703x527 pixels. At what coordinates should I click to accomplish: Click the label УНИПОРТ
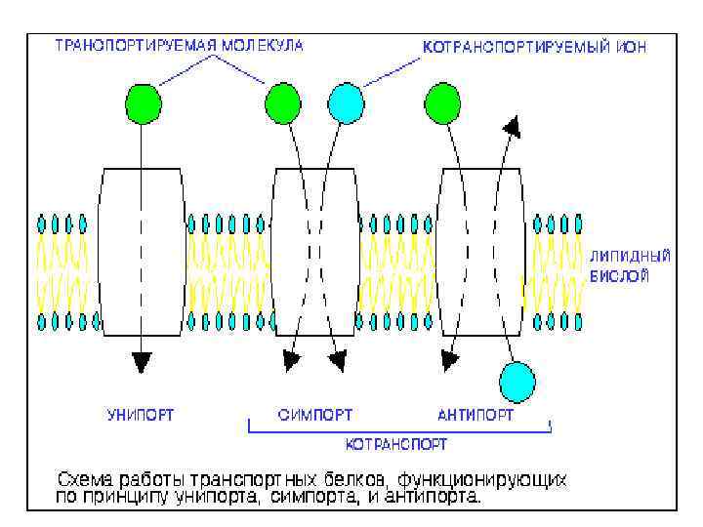[x=141, y=414]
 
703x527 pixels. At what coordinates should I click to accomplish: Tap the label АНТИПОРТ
[x=476, y=414]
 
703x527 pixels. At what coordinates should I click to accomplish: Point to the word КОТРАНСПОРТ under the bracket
[x=396, y=444]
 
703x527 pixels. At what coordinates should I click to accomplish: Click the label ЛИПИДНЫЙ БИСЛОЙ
[x=630, y=265]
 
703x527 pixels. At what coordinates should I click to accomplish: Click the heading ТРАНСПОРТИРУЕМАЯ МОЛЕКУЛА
[x=179, y=45]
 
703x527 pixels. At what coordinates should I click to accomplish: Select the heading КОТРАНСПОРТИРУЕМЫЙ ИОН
[x=534, y=45]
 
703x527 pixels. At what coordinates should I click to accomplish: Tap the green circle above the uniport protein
[x=143, y=102]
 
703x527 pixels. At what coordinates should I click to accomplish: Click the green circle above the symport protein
[x=283, y=102]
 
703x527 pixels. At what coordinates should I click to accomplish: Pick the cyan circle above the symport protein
[x=346, y=102]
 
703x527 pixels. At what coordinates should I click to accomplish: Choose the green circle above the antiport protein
[x=442, y=102]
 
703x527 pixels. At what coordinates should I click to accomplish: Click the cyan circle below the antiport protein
[x=517, y=382]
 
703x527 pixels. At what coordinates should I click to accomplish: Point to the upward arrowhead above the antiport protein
[x=511, y=127]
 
